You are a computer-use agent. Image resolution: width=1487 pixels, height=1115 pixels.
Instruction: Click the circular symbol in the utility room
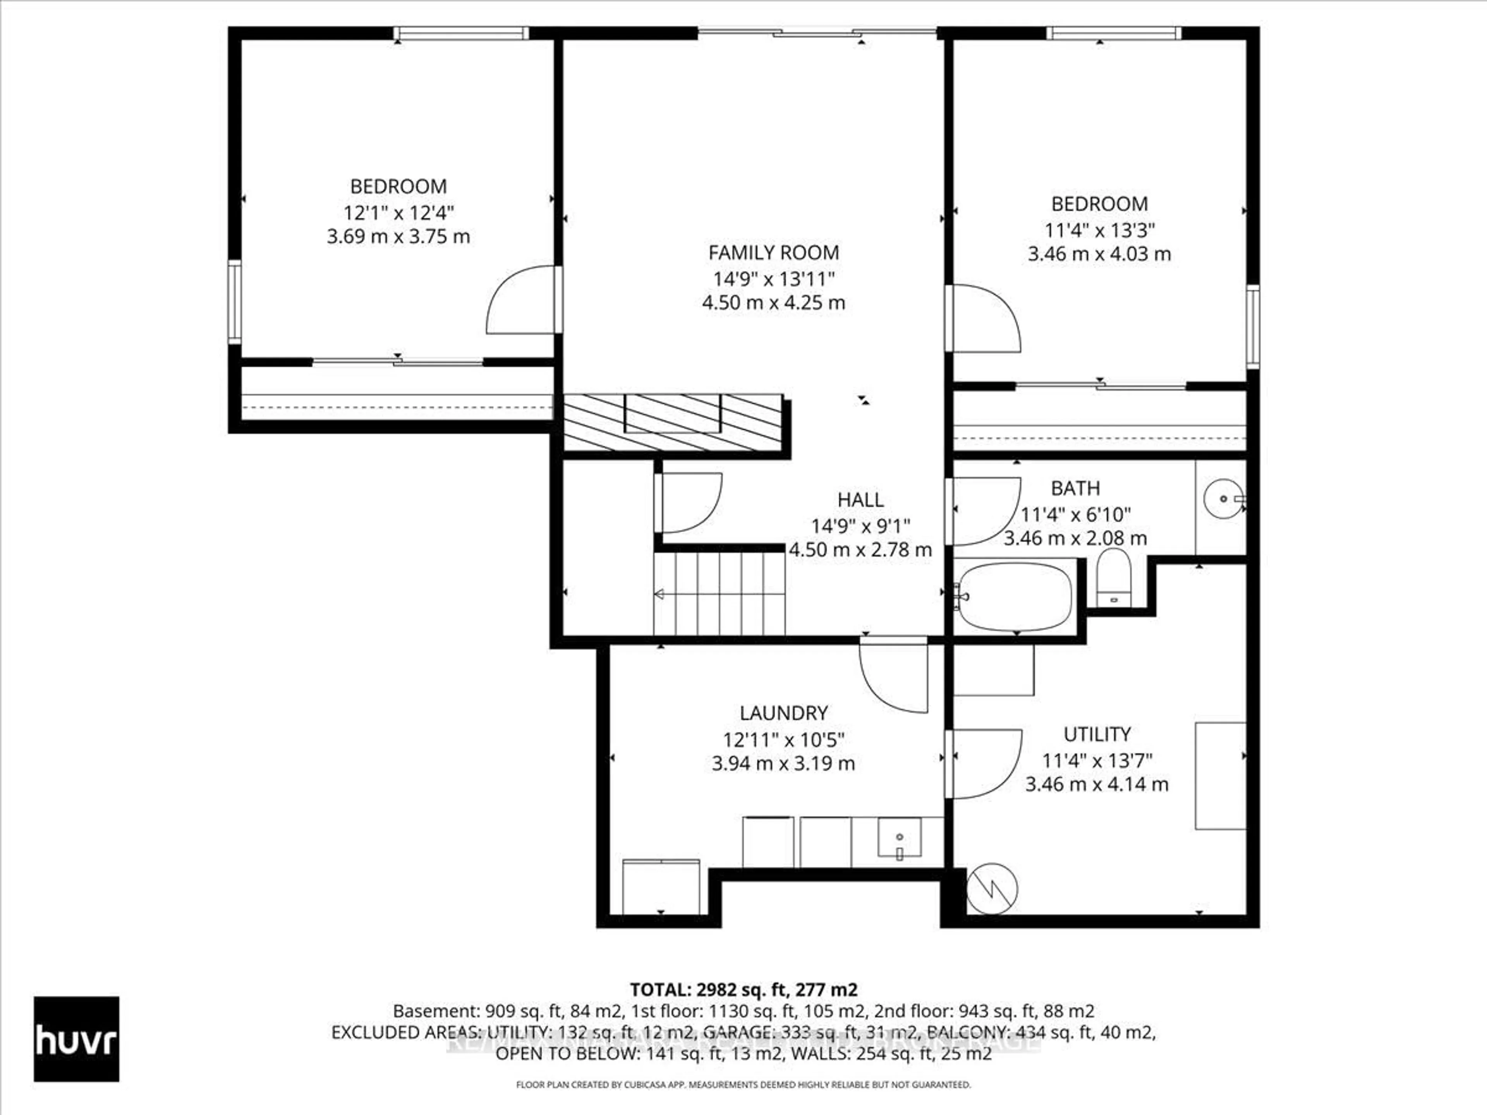coord(992,889)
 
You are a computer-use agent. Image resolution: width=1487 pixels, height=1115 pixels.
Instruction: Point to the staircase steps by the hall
coord(719,594)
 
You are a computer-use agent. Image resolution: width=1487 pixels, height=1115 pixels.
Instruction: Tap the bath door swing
coord(985,511)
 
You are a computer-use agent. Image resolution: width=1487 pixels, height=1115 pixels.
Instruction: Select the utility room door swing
coord(985,764)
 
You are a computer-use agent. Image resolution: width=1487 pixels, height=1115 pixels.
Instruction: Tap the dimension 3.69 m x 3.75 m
coord(398,237)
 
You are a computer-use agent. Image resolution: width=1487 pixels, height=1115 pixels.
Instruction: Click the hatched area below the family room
coord(672,422)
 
